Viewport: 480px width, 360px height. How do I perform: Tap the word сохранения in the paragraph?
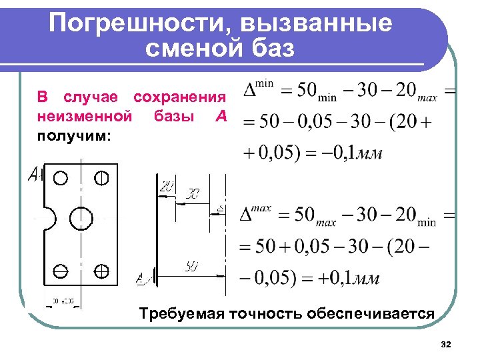point(180,97)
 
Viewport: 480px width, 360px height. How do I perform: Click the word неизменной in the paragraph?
point(83,117)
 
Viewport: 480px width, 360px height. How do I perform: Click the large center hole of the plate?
point(82,219)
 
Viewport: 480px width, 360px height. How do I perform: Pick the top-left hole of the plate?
point(61,179)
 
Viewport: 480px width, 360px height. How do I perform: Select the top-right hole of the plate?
point(101,178)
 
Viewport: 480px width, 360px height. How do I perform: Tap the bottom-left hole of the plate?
point(60,271)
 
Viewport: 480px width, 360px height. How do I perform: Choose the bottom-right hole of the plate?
point(101,271)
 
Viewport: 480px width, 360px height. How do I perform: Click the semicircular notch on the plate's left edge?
point(49,218)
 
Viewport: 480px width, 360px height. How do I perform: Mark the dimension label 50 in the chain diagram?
point(191,267)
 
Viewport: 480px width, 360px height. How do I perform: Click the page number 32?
point(446,344)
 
